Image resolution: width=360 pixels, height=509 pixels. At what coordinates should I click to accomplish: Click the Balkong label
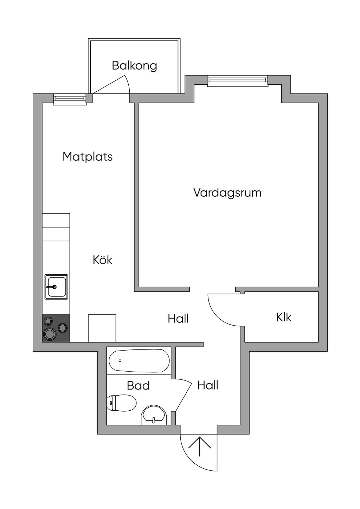[x=134, y=66]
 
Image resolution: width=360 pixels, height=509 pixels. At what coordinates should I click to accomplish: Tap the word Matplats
[x=88, y=157]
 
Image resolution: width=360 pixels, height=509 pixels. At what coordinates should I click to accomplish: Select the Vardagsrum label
[x=227, y=193]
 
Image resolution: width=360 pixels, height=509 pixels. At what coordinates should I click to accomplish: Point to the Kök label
[x=103, y=260]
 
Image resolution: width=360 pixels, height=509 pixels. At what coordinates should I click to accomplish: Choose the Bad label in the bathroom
[x=138, y=385]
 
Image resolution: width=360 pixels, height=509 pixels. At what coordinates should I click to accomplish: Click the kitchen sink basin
[x=56, y=287]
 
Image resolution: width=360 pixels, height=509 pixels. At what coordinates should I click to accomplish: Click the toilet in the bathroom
[x=121, y=403]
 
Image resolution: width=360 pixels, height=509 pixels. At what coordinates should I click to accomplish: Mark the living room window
[x=238, y=81]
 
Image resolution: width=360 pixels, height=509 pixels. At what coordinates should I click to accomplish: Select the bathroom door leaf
[x=183, y=394]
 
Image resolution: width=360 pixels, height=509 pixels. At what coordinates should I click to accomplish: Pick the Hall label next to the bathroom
[x=208, y=385]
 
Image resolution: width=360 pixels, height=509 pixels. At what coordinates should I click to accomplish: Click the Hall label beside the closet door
[x=178, y=319]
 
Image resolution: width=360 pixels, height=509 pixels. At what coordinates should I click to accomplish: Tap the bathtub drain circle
[x=120, y=361]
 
